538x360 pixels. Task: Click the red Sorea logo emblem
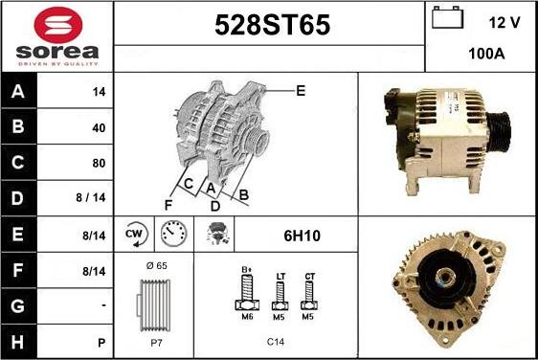tap(58, 25)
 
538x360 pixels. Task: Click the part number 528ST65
tap(273, 25)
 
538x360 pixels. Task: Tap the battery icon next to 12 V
tap(447, 17)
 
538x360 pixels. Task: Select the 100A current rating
tap(486, 54)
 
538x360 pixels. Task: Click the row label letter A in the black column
tap(18, 92)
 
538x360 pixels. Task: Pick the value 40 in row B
tap(99, 128)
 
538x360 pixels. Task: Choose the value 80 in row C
tap(99, 163)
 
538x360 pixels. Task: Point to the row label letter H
tap(18, 342)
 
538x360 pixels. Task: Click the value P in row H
tap(101, 343)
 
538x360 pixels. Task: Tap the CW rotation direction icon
tap(136, 235)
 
